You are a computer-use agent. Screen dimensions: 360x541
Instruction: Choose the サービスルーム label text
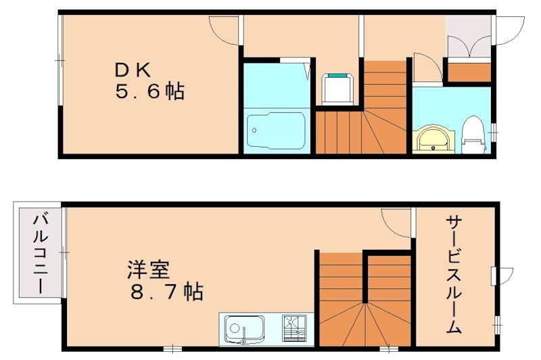(x=454, y=274)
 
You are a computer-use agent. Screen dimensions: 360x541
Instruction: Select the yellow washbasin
(x=431, y=138)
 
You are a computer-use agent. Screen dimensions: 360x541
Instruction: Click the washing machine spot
(x=335, y=88)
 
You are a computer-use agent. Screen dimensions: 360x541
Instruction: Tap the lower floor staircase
(x=365, y=298)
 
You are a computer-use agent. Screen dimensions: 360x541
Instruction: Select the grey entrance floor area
(x=468, y=37)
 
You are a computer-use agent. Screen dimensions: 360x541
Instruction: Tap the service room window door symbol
(x=496, y=275)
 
